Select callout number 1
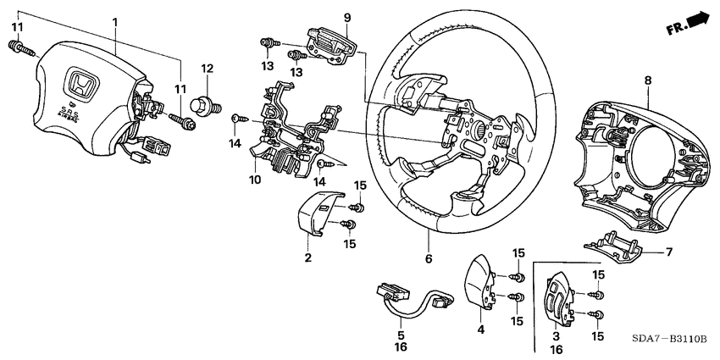pos(115,20)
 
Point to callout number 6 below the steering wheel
pos(429,259)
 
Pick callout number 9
pos(323,18)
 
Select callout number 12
pos(206,67)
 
